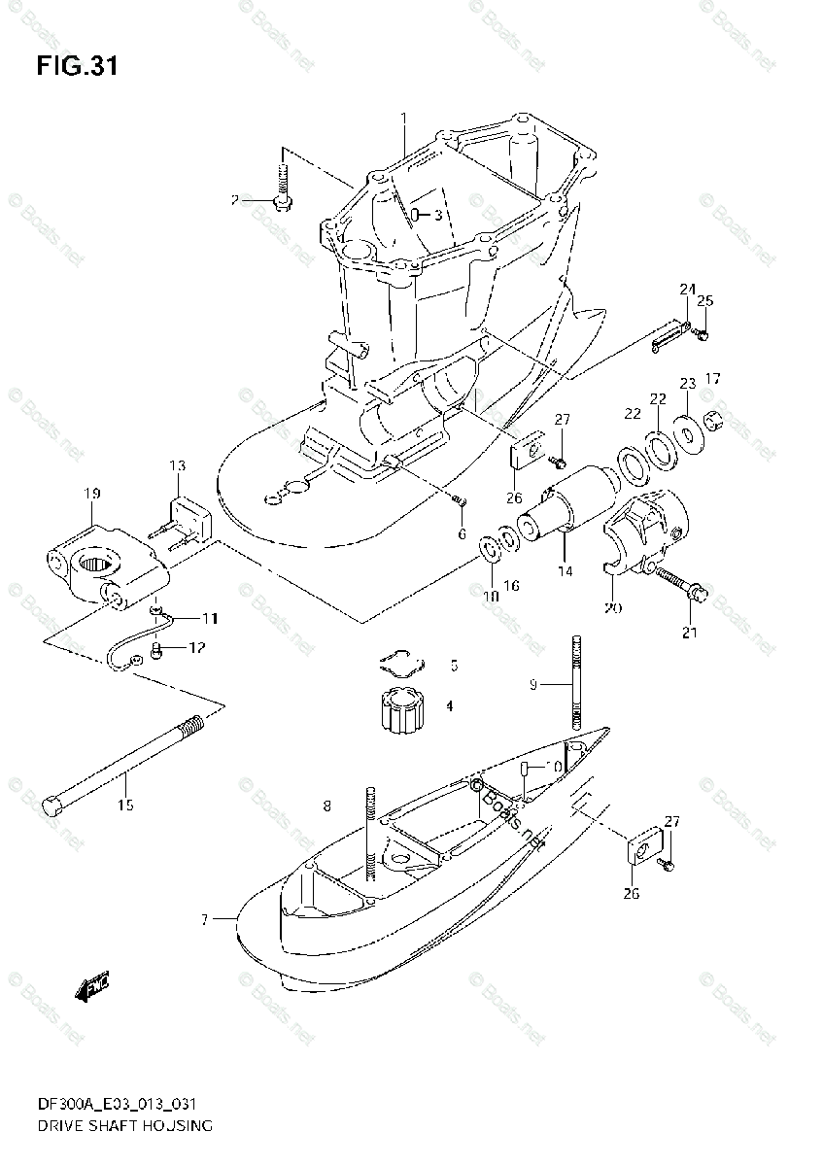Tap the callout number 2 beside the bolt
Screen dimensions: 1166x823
tap(234, 200)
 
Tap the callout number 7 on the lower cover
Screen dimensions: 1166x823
tap(205, 918)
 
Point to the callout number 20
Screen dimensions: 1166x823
tap(612, 609)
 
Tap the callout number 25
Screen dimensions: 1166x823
tap(704, 299)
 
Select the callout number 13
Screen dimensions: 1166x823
tap(178, 467)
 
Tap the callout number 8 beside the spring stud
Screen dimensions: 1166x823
tap(327, 805)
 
